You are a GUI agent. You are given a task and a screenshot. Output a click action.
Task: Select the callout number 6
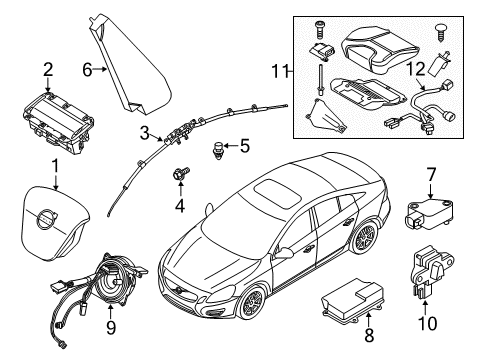tap(87, 69)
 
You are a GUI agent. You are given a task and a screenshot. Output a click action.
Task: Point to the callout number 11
tap(283, 71)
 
